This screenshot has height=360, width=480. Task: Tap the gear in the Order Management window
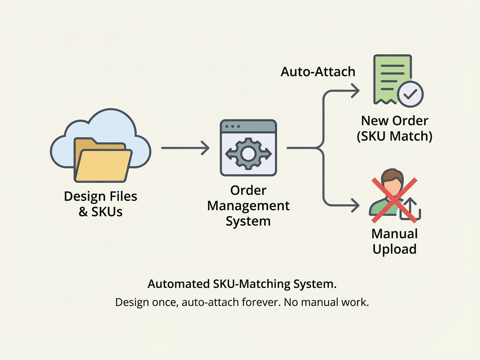point(248,153)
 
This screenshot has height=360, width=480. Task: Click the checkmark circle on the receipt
point(410,94)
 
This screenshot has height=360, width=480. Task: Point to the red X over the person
point(394,200)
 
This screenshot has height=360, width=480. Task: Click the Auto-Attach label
point(318,72)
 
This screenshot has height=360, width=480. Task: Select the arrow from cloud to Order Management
point(185,148)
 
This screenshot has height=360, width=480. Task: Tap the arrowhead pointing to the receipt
point(355,91)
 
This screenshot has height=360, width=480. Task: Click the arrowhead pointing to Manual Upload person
point(355,205)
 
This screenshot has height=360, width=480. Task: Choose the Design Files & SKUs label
point(100,204)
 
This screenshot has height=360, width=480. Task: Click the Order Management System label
point(248,205)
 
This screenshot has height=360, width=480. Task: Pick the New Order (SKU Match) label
point(394,129)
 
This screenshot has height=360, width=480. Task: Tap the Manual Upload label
point(394,241)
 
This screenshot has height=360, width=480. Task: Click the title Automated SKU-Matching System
point(242,284)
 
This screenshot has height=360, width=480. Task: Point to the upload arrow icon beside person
point(411,209)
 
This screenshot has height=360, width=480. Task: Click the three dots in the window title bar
point(233,127)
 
